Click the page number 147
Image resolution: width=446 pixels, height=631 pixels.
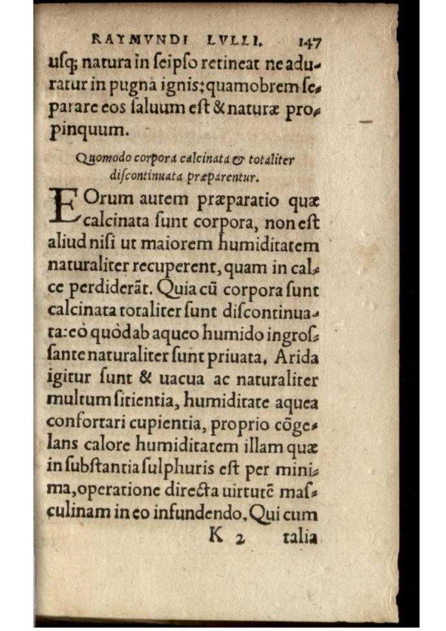(310, 43)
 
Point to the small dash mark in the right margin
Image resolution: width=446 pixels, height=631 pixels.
(366, 122)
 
